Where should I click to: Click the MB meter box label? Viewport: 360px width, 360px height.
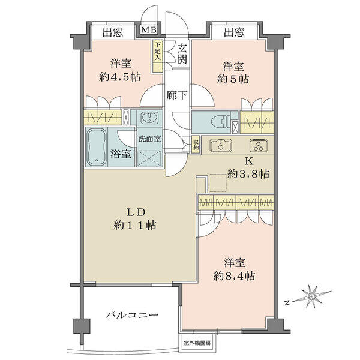(149, 30)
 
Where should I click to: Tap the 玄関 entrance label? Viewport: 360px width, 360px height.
(182, 54)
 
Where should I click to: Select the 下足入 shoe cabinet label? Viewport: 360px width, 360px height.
(157, 52)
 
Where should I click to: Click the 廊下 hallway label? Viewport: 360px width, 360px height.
(176, 95)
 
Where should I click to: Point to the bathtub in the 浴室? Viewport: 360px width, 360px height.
(97, 147)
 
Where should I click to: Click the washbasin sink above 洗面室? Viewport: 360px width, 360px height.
(149, 118)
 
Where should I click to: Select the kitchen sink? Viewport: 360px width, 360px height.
(221, 145)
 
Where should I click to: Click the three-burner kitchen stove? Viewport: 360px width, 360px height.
(258, 145)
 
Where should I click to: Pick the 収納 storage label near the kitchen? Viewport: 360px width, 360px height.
(196, 145)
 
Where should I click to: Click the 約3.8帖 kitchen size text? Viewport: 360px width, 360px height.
(248, 174)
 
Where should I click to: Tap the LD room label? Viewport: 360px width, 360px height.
(136, 212)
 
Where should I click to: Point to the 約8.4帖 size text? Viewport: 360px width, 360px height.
(234, 276)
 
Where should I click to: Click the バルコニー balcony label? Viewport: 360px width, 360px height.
(132, 314)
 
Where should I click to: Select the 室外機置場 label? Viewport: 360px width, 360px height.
(197, 343)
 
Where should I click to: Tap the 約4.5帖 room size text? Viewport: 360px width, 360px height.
(119, 77)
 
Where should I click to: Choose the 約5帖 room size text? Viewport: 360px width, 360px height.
(233, 79)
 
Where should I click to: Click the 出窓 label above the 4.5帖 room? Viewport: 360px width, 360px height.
(113, 32)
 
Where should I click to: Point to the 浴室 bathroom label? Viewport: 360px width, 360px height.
(121, 154)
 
